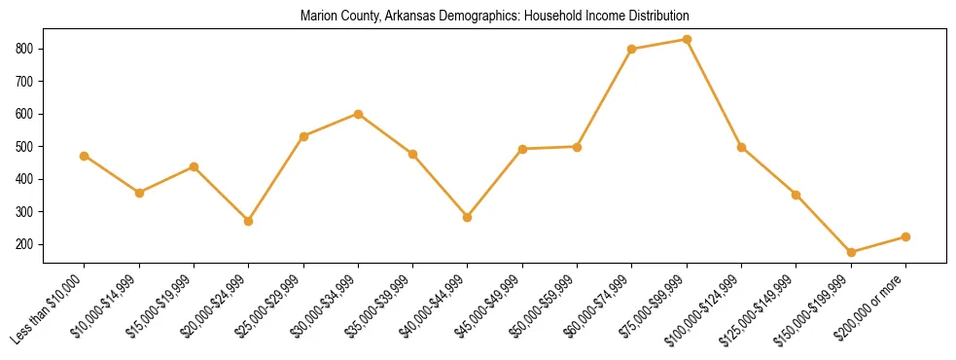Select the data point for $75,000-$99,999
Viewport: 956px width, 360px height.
pos(687,40)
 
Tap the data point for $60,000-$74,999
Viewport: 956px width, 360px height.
pos(632,49)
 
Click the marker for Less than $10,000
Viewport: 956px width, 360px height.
pos(85,156)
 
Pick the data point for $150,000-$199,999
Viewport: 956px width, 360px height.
pos(851,252)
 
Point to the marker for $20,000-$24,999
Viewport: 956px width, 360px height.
pos(249,221)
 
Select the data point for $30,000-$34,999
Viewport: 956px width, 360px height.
pos(358,114)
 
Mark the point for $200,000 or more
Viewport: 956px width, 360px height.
pos(905,236)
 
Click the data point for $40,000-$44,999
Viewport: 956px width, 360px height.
pos(468,217)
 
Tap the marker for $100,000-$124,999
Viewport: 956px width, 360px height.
pos(741,147)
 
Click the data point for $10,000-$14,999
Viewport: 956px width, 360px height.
pos(139,193)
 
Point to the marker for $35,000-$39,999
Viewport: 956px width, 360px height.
pos(412,154)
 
